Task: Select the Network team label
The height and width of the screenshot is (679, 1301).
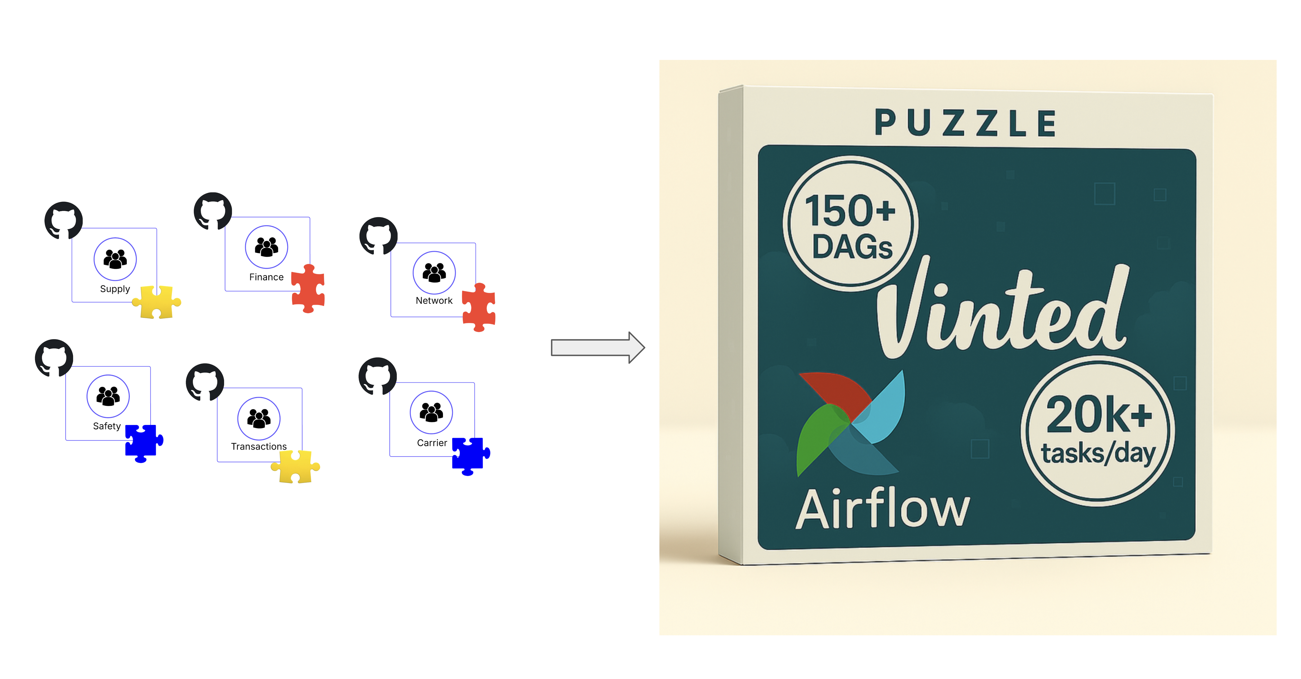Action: point(434,301)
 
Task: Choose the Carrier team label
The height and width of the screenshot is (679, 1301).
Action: point(432,443)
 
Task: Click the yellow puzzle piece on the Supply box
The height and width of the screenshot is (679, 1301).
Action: point(157,302)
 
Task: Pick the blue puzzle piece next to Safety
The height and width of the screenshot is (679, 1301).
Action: point(143,443)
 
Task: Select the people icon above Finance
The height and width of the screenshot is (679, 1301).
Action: point(266,247)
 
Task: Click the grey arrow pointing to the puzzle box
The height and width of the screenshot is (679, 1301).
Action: point(597,347)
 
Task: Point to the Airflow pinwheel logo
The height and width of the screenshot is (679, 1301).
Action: point(850,423)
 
